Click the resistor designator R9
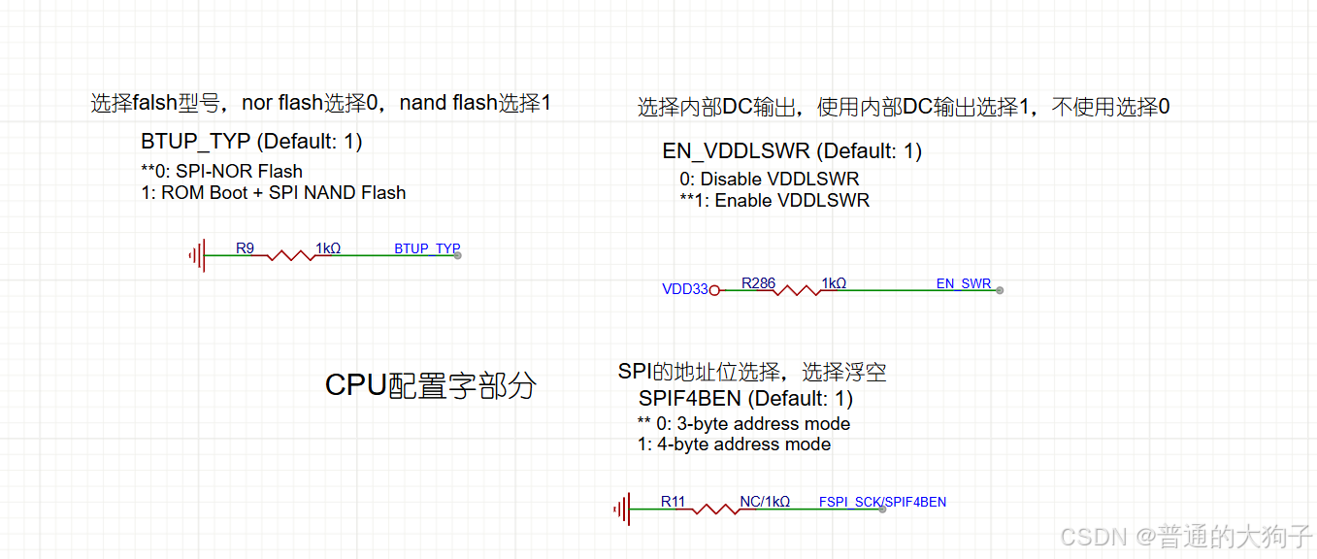(245, 248)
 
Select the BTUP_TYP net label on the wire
(426, 248)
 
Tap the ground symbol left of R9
(197, 255)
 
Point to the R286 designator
(758, 283)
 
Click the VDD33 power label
(684, 289)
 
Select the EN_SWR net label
(963, 283)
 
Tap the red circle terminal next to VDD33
(714, 289)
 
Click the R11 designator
(673, 502)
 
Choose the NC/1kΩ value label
(765, 502)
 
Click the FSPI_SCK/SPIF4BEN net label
(882, 502)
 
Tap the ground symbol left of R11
(621, 509)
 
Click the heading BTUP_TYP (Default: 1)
(251, 142)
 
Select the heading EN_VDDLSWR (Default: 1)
(792, 151)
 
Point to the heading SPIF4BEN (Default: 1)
(745, 398)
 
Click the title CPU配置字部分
(430, 385)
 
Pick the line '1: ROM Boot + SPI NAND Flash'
(273, 192)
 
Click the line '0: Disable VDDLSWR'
(769, 179)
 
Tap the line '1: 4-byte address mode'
(734, 444)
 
